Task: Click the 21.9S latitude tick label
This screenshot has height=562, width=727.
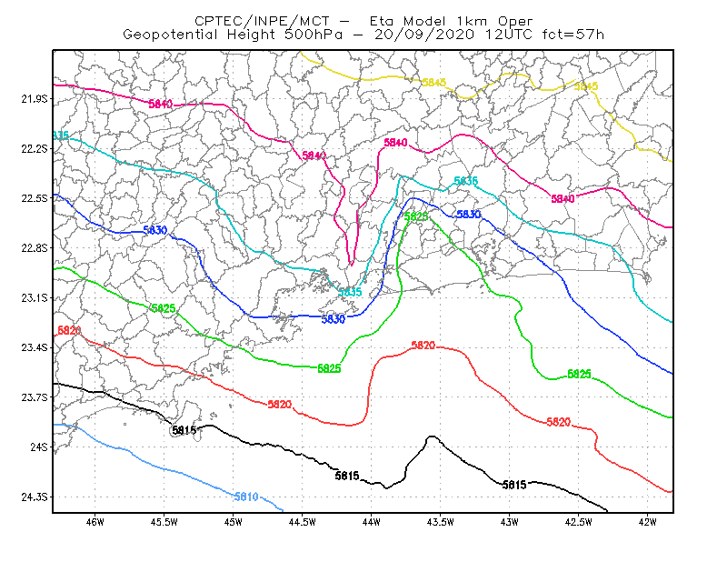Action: click(x=35, y=99)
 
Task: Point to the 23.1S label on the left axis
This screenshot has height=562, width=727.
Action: click(x=35, y=298)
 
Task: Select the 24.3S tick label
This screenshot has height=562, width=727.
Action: click(x=35, y=497)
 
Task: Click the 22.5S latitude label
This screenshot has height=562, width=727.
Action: click(x=35, y=198)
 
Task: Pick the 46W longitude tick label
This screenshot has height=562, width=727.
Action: click(x=95, y=522)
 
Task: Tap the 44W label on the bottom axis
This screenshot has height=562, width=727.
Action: click(x=372, y=522)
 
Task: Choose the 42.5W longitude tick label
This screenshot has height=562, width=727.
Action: click(x=579, y=522)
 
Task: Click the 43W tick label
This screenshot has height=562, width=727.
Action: click(x=510, y=522)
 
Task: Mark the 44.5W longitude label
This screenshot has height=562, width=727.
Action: click(x=303, y=522)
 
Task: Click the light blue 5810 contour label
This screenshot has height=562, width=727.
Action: click(x=246, y=497)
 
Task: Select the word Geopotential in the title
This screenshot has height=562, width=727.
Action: click(x=170, y=35)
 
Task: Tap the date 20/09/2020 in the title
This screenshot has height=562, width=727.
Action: click(x=424, y=35)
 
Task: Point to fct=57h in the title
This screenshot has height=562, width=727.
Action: click(x=573, y=35)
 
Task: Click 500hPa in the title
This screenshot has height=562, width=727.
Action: click(x=314, y=35)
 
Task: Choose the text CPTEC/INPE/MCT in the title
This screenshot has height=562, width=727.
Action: click(x=262, y=21)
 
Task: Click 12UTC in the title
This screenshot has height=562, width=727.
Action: click(x=509, y=35)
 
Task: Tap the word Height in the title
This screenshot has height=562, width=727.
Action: click(x=251, y=35)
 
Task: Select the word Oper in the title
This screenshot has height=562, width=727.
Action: click(x=515, y=21)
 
